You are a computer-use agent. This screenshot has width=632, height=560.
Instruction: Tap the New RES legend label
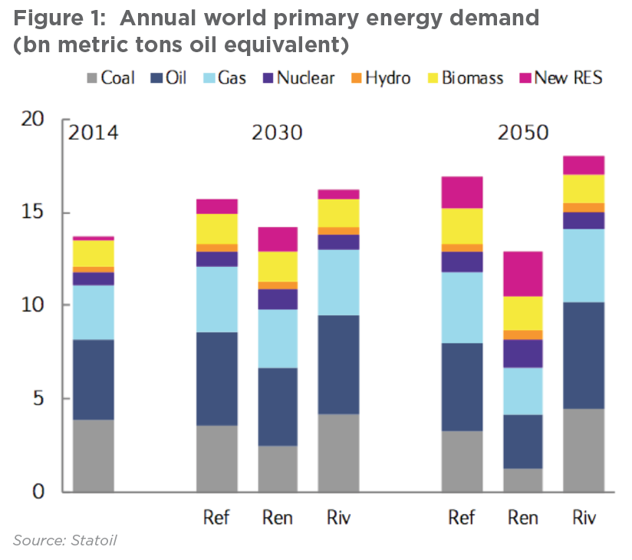click(568, 77)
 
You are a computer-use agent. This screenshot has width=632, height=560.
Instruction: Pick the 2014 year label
click(94, 133)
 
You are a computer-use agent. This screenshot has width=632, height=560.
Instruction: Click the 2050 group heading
click(523, 133)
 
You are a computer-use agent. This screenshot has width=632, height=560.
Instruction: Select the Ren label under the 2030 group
click(277, 517)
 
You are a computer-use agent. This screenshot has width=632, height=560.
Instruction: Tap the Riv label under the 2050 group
click(584, 517)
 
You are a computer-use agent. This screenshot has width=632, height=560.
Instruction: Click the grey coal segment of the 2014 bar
click(94, 456)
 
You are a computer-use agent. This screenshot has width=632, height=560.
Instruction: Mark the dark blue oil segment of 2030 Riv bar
click(339, 364)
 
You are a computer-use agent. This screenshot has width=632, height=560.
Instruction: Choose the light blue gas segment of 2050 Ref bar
click(462, 308)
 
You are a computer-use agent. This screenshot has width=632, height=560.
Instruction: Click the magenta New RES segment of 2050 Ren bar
click(522, 274)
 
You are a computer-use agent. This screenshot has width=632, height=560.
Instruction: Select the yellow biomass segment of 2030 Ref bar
click(217, 229)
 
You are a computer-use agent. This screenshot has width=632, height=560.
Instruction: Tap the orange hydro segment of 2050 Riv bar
click(584, 207)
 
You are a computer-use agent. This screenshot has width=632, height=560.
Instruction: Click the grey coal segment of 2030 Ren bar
click(278, 469)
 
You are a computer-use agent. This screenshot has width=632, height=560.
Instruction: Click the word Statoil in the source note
click(94, 541)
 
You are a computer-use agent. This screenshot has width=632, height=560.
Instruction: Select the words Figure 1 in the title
click(49, 17)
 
